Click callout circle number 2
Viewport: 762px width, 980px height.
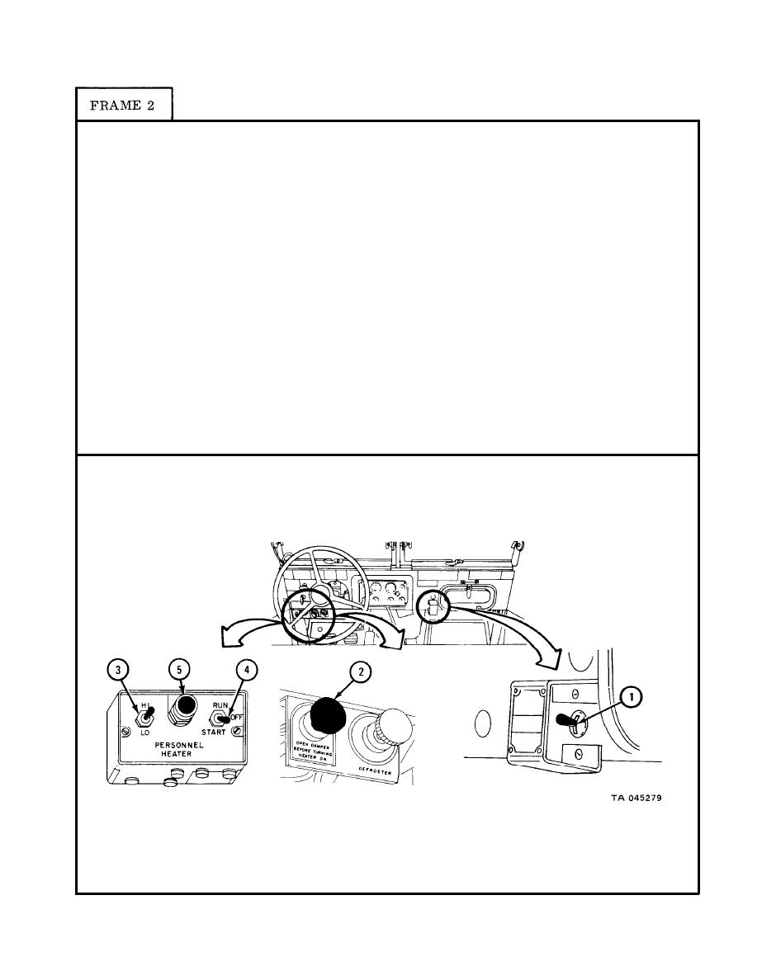click(360, 671)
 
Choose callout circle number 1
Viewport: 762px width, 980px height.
click(632, 698)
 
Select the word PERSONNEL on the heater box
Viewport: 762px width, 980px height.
click(179, 745)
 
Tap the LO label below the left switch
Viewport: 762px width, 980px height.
click(145, 733)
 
